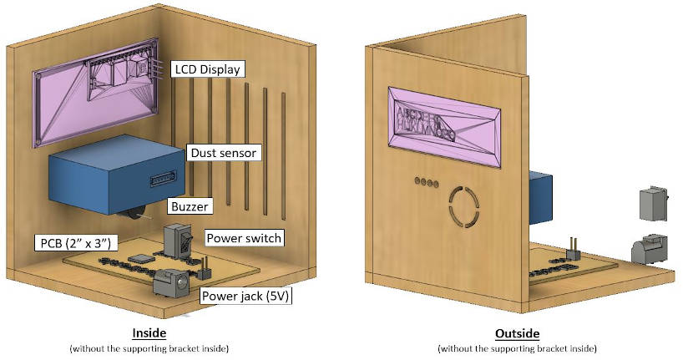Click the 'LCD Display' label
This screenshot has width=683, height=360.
click(x=208, y=68)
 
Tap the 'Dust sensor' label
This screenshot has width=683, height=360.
click(x=223, y=153)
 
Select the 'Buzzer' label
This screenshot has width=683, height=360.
click(x=190, y=205)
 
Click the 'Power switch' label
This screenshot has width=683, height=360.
click(x=244, y=238)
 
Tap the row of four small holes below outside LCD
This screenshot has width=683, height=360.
click(x=427, y=181)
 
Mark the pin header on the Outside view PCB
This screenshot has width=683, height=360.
click(x=575, y=247)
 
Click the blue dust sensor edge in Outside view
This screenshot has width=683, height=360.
click(x=539, y=201)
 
